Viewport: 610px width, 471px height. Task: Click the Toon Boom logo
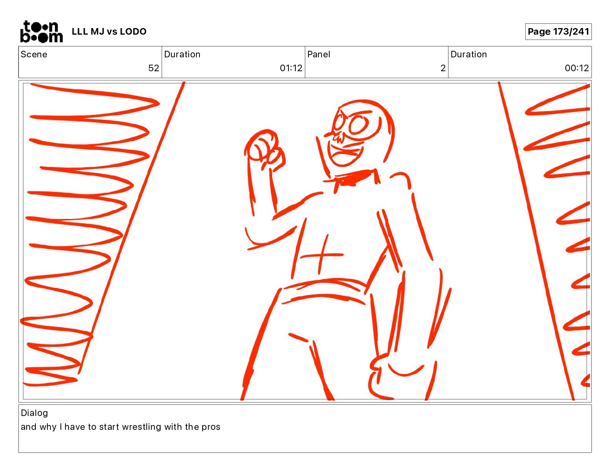pyautogui.click(x=42, y=32)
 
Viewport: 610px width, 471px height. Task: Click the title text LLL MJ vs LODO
pyautogui.click(x=109, y=32)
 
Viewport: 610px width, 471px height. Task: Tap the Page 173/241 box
pyautogui.click(x=558, y=32)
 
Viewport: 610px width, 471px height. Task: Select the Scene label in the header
pyautogui.click(x=34, y=54)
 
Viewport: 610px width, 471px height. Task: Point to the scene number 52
pyautogui.click(x=154, y=68)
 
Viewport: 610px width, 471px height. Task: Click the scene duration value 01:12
pyautogui.click(x=291, y=68)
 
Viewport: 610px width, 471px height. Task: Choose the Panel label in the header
pyautogui.click(x=318, y=54)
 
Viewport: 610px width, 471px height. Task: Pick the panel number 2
pyautogui.click(x=443, y=68)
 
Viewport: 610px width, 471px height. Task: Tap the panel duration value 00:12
pyautogui.click(x=577, y=68)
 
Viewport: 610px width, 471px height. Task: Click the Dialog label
pyautogui.click(x=34, y=413)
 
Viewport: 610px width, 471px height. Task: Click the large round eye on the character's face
pyautogui.click(x=359, y=125)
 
